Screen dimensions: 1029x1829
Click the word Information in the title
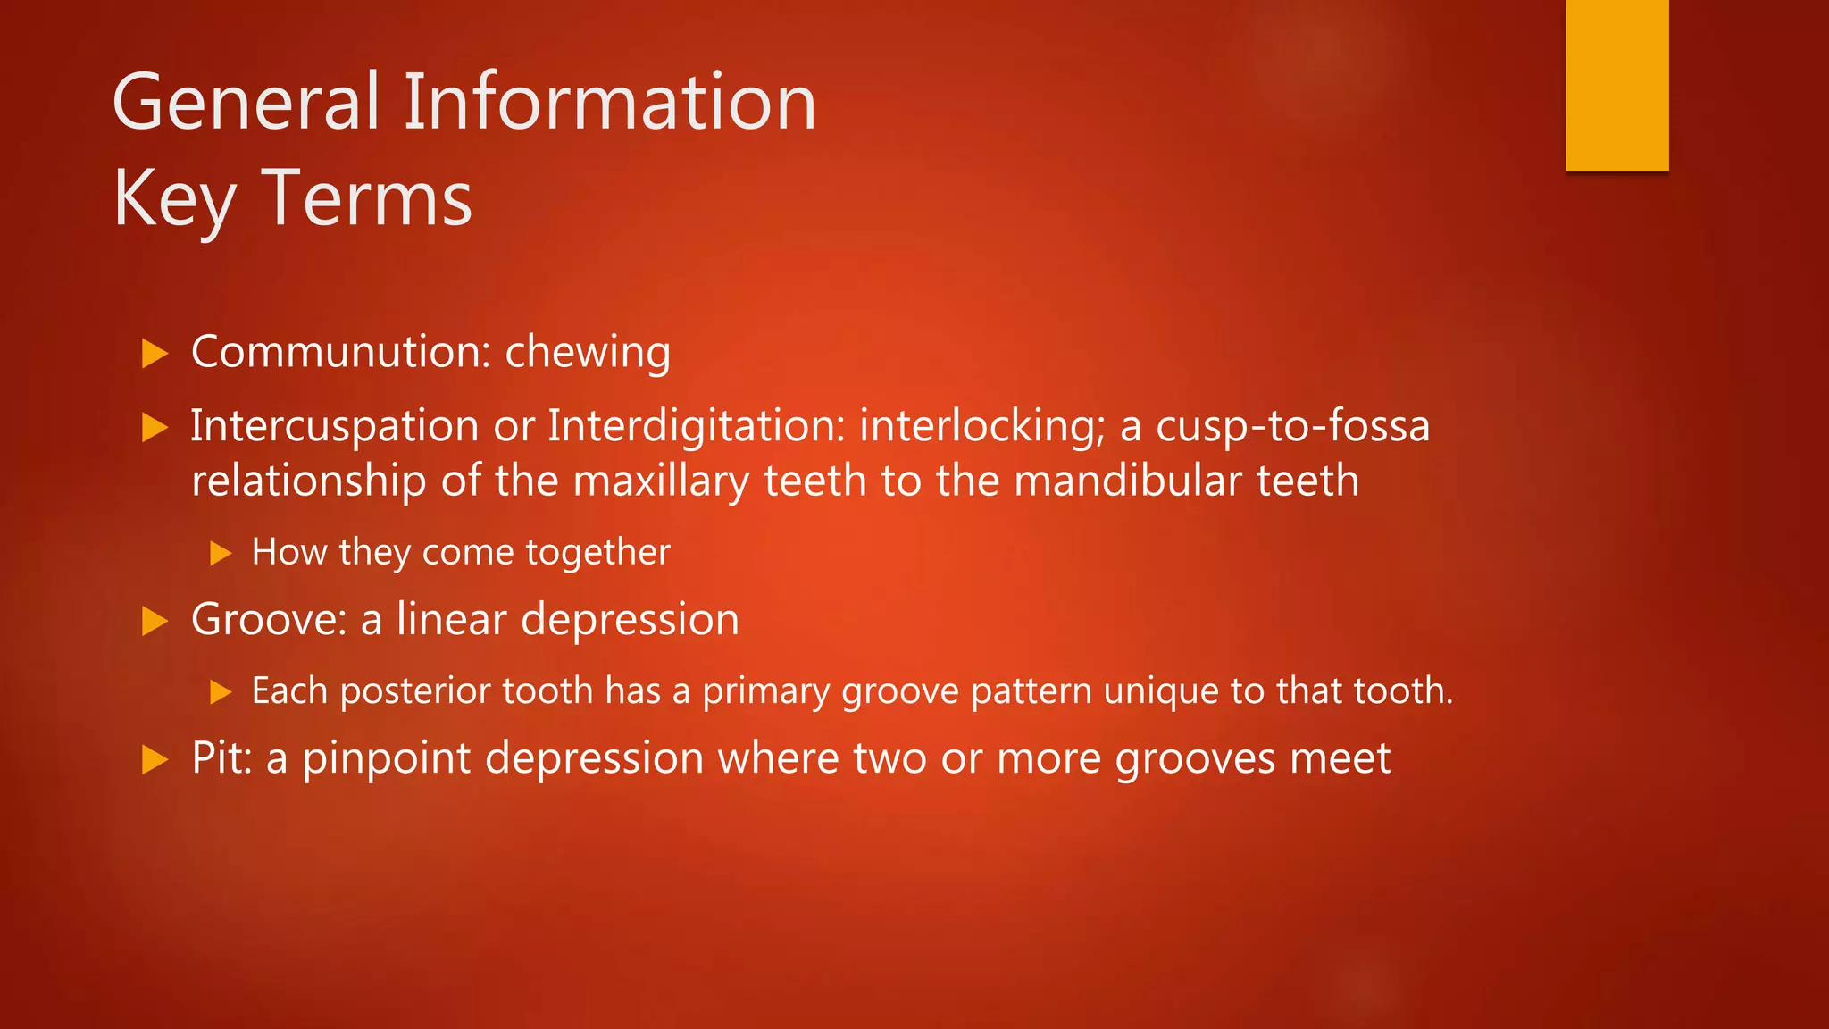tap(610, 103)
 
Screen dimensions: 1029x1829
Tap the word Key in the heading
tap(174, 200)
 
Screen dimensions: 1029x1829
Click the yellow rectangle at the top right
tap(1616, 85)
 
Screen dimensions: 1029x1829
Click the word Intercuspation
tap(335, 426)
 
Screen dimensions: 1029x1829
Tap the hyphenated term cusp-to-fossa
tap(1292, 426)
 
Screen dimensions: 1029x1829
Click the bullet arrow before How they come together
tap(221, 554)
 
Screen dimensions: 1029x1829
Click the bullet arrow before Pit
tap(155, 760)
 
